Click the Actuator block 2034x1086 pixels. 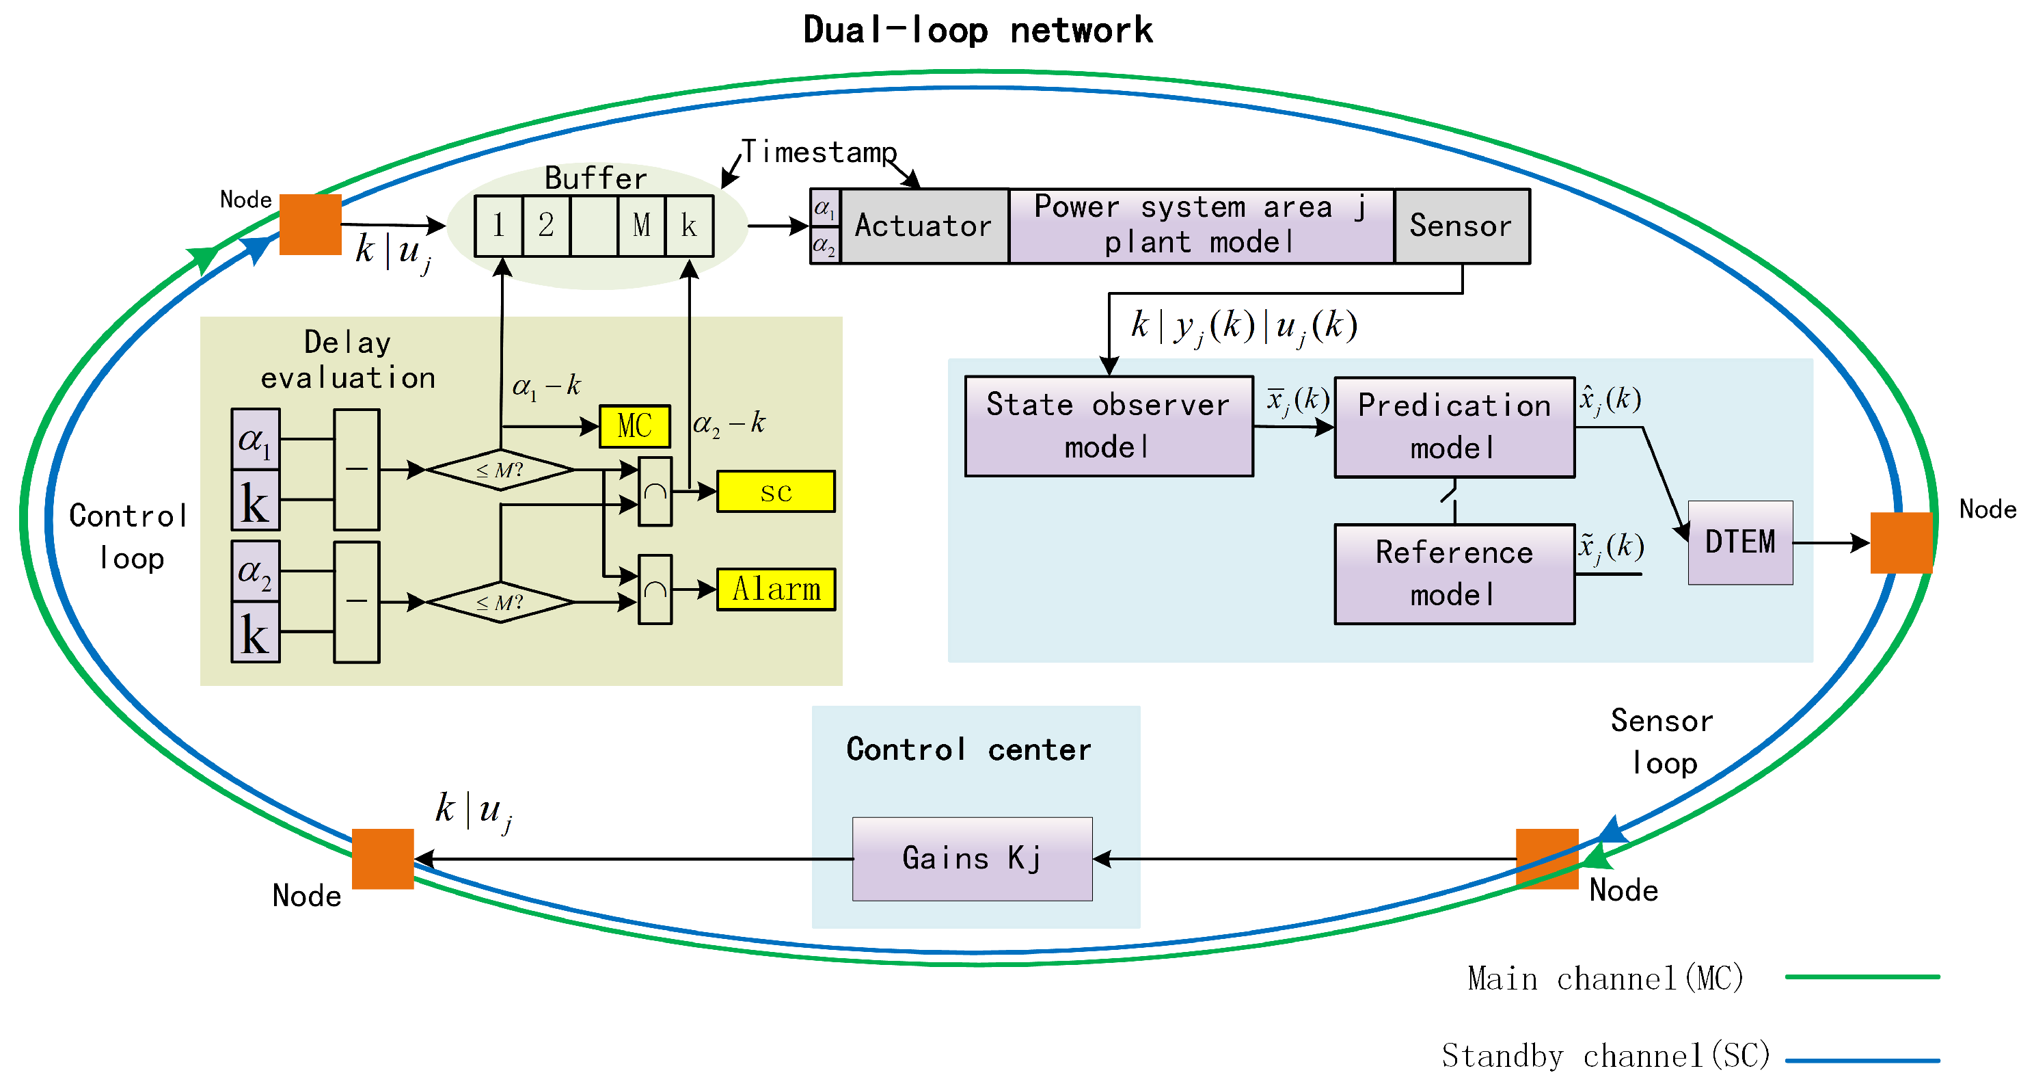point(924,226)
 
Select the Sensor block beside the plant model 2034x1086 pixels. point(1461,226)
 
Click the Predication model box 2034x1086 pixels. point(1454,427)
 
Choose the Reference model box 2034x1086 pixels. point(1454,574)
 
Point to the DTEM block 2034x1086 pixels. point(1740,542)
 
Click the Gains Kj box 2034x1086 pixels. point(972,858)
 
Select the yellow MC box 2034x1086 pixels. point(635,427)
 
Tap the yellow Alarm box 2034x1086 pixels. point(775,590)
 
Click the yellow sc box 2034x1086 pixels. point(775,491)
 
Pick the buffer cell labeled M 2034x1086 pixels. point(641,226)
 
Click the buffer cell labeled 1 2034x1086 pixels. point(498,226)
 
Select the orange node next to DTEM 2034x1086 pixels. point(1901,542)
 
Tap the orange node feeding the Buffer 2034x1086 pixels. point(310,224)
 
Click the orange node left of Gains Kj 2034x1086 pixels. point(383,858)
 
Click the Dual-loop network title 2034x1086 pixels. point(977,31)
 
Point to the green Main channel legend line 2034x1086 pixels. point(1862,977)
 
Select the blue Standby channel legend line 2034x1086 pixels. point(1862,1060)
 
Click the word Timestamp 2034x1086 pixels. point(819,152)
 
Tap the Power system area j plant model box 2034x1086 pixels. point(1201,226)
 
